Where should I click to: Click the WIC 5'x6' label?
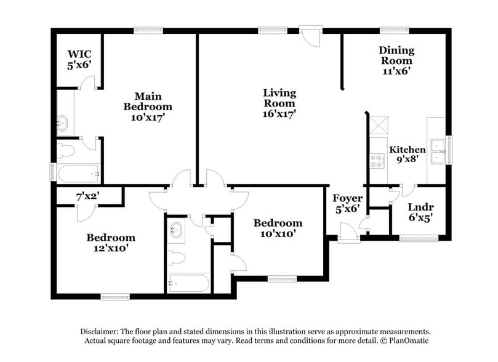point(79,59)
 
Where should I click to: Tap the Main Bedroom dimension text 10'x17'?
point(148,118)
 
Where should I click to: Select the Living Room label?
point(279,98)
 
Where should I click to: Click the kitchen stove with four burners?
point(377,161)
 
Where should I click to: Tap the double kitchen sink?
point(438,151)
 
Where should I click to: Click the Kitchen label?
point(408,149)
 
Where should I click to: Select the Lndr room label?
point(421,207)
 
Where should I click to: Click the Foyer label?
point(347,198)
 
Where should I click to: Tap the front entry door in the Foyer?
point(349,233)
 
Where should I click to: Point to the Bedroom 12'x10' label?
point(111,243)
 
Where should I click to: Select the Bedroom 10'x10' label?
point(278,228)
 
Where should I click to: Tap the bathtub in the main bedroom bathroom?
point(79,174)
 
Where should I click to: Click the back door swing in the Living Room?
point(311,37)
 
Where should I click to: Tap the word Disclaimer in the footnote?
point(99,331)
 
